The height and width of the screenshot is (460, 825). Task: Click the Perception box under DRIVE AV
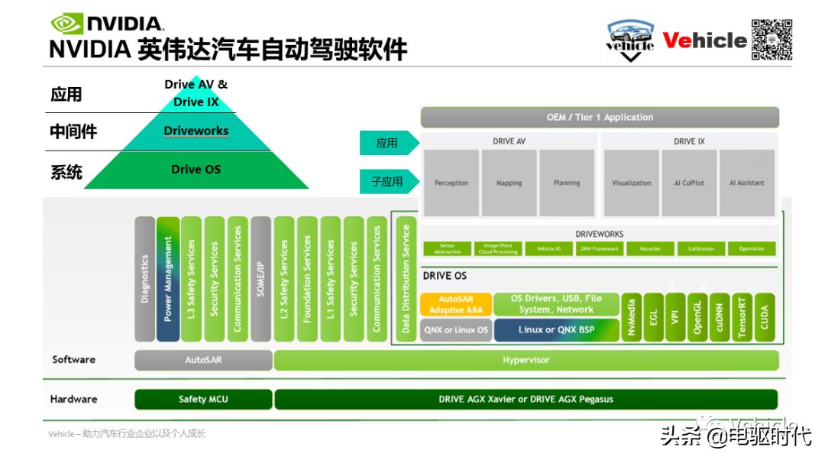click(x=451, y=182)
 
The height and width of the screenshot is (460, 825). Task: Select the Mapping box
click(x=509, y=182)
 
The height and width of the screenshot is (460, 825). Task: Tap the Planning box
click(x=567, y=182)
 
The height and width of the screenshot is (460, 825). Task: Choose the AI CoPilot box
click(x=689, y=182)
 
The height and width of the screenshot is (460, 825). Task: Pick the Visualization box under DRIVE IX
click(x=632, y=182)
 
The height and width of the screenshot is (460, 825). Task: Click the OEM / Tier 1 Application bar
click(x=600, y=117)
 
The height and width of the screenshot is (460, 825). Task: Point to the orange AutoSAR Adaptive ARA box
click(x=456, y=304)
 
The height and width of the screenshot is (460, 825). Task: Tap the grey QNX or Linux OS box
click(x=456, y=330)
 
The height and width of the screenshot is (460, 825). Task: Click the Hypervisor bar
click(x=526, y=360)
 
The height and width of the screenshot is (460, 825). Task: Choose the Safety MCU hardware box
click(x=203, y=399)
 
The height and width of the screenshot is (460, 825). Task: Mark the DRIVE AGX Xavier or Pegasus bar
click(x=526, y=399)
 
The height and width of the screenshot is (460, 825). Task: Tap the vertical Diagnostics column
click(x=145, y=279)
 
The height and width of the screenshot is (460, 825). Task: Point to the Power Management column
click(x=168, y=279)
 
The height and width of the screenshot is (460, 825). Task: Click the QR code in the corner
click(x=772, y=39)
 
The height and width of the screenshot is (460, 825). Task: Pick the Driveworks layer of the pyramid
click(x=196, y=131)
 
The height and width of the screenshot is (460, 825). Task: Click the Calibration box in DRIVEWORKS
click(x=700, y=248)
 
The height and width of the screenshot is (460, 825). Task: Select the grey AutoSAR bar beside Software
click(x=203, y=360)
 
